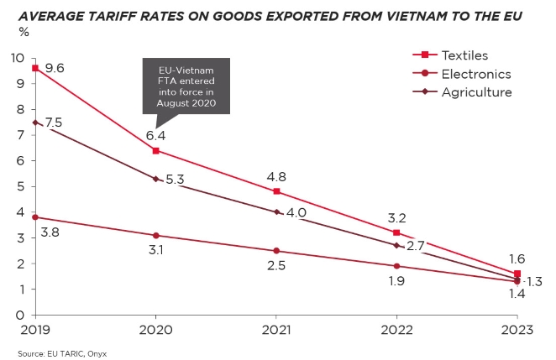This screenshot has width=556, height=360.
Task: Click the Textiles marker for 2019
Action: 35,68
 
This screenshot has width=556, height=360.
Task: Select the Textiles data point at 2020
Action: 156,150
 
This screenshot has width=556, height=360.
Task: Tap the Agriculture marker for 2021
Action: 277,211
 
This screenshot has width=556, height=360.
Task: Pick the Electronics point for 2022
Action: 397,266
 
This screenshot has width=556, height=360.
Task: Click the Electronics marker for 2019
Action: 35,217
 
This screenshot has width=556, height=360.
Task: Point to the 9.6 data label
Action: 55,69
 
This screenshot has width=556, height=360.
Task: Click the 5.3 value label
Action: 176,180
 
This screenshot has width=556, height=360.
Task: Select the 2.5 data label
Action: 276,266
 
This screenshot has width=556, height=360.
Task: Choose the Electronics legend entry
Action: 475,74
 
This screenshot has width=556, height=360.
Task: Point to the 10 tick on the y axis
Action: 17,58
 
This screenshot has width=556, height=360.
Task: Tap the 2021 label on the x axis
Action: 277,330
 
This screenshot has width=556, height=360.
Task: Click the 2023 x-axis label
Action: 517,330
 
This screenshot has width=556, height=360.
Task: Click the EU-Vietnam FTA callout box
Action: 186,86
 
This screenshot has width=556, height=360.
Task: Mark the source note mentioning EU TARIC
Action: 63,353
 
